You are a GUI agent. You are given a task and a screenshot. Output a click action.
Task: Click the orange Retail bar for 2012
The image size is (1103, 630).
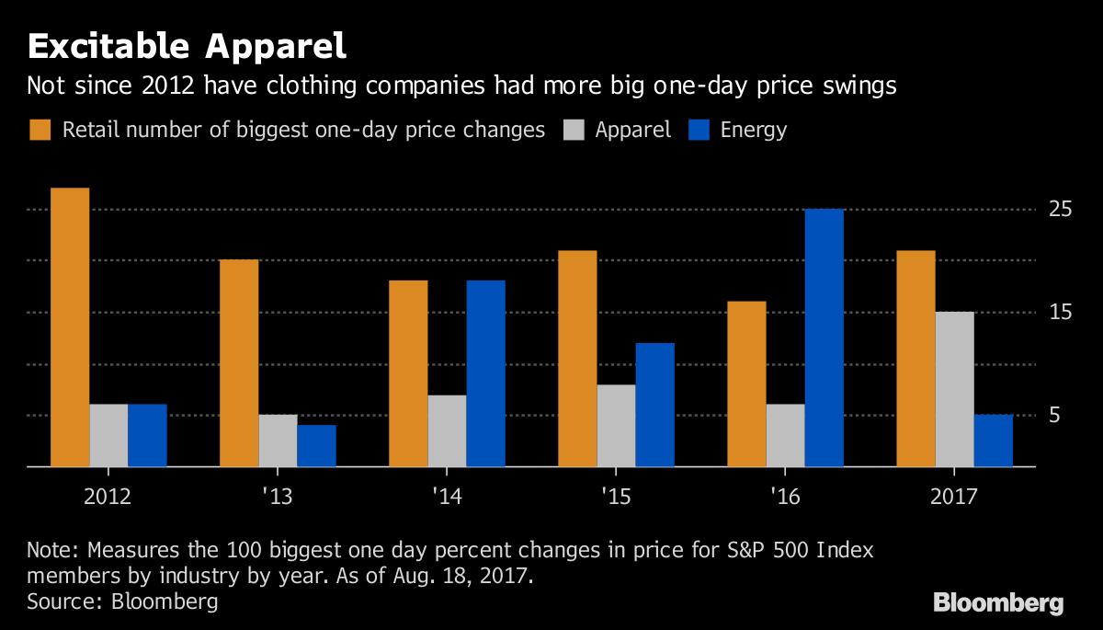[x=70, y=327]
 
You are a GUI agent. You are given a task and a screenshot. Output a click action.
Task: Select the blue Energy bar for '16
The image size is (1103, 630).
[x=824, y=338]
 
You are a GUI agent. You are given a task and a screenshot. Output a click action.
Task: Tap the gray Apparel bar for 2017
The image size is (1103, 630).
[x=955, y=389]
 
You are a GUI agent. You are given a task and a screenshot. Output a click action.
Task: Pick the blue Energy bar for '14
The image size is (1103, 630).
[x=485, y=373]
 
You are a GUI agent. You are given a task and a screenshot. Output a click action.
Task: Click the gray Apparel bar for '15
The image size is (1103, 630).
[x=617, y=426]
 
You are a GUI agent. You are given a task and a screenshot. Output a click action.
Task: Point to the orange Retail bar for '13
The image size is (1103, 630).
[x=239, y=363]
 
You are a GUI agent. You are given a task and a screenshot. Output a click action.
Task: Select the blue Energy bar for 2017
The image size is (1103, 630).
[x=994, y=441]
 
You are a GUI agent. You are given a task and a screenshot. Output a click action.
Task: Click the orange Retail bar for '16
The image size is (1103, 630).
[x=746, y=384]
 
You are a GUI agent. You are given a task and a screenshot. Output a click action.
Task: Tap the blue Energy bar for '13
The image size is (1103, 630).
[x=316, y=446]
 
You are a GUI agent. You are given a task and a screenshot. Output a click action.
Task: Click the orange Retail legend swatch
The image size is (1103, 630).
[x=40, y=130]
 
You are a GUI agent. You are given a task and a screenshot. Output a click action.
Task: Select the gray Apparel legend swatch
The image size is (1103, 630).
[x=574, y=130]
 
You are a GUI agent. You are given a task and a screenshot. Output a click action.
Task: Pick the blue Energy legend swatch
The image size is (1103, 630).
[x=699, y=130]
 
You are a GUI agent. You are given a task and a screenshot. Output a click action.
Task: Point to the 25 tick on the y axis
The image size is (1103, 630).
[x=1061, y=210]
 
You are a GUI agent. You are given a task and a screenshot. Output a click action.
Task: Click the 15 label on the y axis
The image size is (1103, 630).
[x=1061, y=313]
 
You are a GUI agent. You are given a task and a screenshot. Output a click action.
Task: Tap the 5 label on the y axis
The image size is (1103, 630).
[x=1054, y=415]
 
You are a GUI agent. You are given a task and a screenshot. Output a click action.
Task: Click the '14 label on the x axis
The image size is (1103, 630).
[x=447, y=496]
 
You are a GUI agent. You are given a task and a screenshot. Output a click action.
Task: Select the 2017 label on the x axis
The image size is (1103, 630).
[x=954, y=496]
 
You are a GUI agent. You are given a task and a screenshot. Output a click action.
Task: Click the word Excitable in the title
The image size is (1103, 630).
[x=108, y=46]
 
